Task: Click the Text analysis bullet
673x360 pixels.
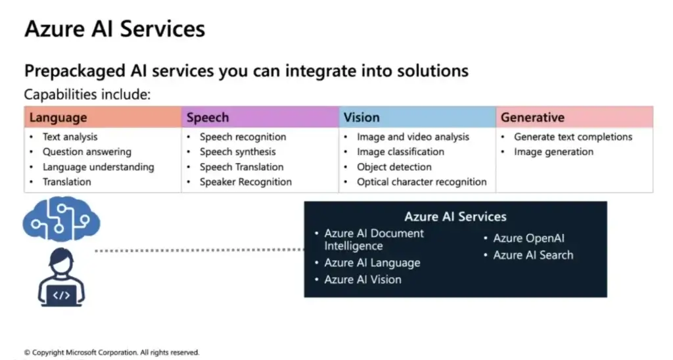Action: [70, 137]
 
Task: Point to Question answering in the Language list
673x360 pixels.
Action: [87, 152]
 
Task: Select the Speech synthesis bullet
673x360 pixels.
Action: [237, 152]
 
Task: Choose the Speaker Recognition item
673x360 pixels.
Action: [246, 182]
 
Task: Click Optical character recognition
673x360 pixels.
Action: [421, 182]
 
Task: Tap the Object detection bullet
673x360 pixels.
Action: [394, 167]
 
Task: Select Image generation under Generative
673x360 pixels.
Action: [553, 152]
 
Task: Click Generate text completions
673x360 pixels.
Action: [573, 137]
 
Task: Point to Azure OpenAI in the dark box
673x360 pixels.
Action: [529, 238]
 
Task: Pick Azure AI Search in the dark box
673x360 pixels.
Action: [533, 255]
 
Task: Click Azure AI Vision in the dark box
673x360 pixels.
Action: [363, 279]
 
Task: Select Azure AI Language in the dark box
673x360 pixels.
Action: [372, 263]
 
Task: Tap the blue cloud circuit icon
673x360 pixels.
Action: [61, 219]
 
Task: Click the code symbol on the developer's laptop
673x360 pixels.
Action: [61, 295]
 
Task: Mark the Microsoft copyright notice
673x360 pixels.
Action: [112, 352]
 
